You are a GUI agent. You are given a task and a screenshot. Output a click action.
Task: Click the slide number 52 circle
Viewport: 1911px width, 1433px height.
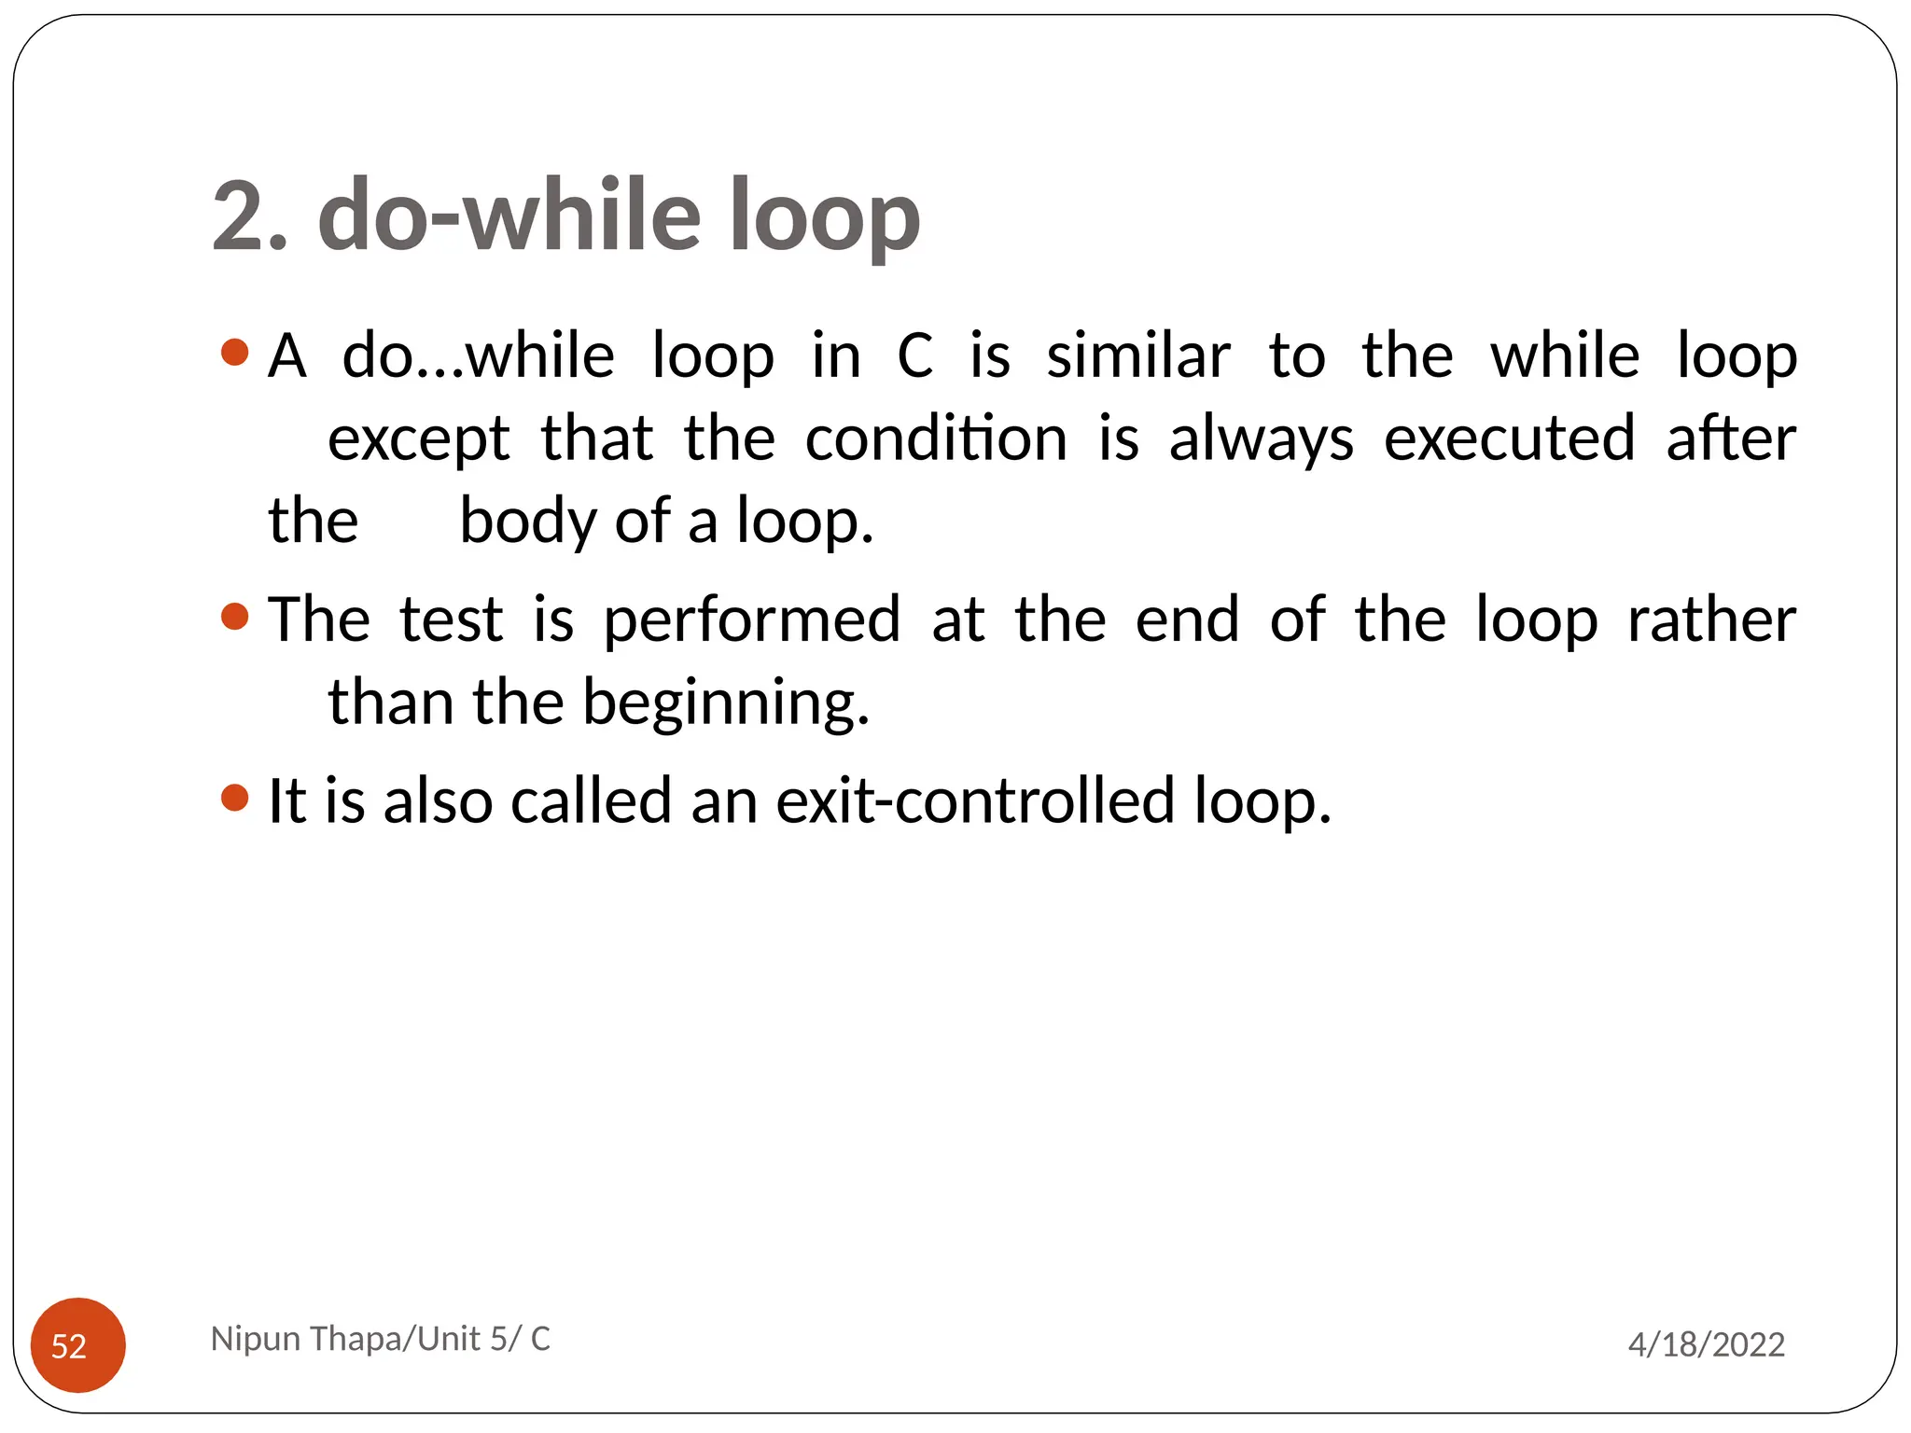coord(77,1344)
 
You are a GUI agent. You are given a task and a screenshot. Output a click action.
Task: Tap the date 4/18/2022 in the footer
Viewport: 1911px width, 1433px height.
coord(1706,1344)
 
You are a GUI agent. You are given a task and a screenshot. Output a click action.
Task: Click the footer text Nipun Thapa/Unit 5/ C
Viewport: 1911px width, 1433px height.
coord(380,1339)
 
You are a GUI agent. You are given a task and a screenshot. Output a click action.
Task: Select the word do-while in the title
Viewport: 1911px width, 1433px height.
coord(509,216)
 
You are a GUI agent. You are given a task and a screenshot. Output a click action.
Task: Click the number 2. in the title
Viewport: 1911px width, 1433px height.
coord(250,216)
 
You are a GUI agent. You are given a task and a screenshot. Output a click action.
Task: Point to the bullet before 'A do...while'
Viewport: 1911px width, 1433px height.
coord(235,353)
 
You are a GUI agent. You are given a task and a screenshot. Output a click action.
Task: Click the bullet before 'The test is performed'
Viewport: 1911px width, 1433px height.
coord(235,616)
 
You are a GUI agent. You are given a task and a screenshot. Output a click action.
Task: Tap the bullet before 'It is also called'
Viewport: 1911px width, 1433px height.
coord(235,798)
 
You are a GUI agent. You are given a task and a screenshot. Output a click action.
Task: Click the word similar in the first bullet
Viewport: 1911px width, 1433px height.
coord(1137,356)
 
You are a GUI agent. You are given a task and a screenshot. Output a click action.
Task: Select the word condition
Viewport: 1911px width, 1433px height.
coord(936,438)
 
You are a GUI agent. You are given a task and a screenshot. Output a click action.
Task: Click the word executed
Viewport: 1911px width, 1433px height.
coord(1509,438)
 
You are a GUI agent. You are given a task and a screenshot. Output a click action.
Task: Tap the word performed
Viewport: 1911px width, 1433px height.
coord(752,620)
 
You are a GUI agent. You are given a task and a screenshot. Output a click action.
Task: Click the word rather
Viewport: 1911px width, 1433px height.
coord(1711,619)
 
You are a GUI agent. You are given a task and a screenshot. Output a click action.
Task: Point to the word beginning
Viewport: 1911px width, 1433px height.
coord(725,703)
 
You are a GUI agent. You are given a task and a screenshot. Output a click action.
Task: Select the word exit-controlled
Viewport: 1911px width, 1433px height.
coord(975,800)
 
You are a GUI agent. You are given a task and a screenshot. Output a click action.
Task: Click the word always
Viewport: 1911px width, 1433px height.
coord(1261,440)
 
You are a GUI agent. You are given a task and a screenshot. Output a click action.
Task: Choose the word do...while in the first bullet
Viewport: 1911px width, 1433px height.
coord(478,356)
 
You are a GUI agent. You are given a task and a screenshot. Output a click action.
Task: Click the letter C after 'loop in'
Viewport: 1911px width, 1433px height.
coord(914,356)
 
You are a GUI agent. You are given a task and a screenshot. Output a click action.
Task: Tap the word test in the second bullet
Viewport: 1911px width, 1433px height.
coord(452,619)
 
